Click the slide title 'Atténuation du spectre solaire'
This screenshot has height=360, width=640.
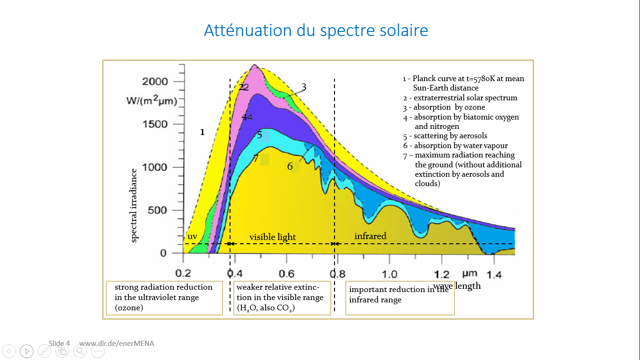(x=316, y=30)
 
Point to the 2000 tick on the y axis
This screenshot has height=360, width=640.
(x=155, y=82)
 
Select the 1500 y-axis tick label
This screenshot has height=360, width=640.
(x=155, y=124)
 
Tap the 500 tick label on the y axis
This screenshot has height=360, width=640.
(x=157, y=210)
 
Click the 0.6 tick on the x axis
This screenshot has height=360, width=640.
(x=287, y=274)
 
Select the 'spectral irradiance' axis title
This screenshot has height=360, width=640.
(x=134, y=205)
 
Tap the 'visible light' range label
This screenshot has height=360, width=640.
(x=273, y=237)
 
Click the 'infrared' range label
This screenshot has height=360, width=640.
(x=370, y=236)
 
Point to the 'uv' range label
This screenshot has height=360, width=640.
(x=192, y=237)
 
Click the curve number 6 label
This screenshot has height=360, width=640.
(x=290, y=166)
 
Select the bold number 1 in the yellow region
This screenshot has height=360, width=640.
(x=202, y=132)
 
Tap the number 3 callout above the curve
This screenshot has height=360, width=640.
(x=304, y=87)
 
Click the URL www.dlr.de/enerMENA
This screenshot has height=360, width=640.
(x=117, y=343)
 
